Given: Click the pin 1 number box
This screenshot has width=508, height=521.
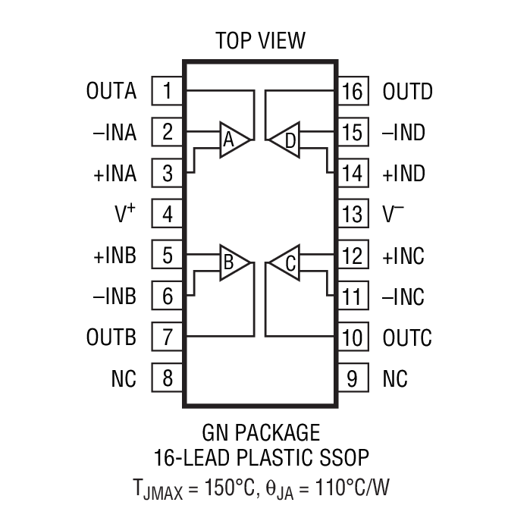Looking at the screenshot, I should point(168,92).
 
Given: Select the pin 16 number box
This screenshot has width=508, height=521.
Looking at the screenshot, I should point(353,92).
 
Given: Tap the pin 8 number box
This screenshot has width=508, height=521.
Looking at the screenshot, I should point(168,378).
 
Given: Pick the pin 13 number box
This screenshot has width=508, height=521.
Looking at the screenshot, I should point(353,215).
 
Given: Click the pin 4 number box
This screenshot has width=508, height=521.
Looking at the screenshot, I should point(168,215).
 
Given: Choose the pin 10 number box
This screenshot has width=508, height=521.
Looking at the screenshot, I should point(353,337).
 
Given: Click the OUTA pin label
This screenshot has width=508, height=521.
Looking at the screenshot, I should point(111,92).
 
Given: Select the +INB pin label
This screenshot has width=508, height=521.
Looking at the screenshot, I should point(115,256).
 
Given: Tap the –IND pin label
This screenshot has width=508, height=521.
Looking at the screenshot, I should point(403,133).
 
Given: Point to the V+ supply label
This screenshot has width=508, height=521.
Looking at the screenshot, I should point(125,215).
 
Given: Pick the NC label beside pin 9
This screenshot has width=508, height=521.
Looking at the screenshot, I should point(395,378).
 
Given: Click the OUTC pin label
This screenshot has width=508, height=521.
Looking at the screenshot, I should point(407,337).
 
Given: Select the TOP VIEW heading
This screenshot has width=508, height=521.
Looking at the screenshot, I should point(260,40).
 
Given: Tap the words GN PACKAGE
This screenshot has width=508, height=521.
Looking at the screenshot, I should point(260,433).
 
